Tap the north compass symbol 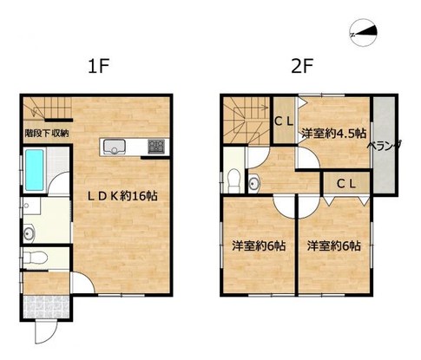tap(364, 34)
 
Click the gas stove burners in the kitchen tap(156, 146)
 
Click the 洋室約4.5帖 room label tap(332, 134)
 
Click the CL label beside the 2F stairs tap(283, 122)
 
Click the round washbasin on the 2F tap(253, 182)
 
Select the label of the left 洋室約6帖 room tap(258, 246)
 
